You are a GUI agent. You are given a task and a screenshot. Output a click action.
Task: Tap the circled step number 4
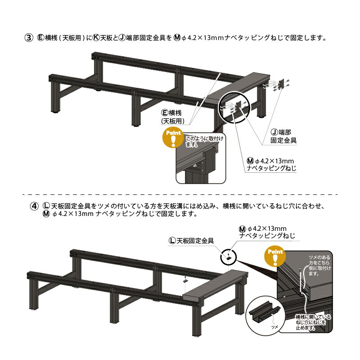[34, 206]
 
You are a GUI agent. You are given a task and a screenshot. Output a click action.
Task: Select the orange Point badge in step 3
[174, 137]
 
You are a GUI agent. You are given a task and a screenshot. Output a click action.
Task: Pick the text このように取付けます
[204, 141]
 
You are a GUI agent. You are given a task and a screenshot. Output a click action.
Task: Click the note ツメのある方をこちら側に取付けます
[319, 265]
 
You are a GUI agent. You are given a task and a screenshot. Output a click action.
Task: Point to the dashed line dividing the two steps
[180, 195]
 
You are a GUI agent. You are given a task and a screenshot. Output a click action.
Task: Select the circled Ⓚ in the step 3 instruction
[96, 38]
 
